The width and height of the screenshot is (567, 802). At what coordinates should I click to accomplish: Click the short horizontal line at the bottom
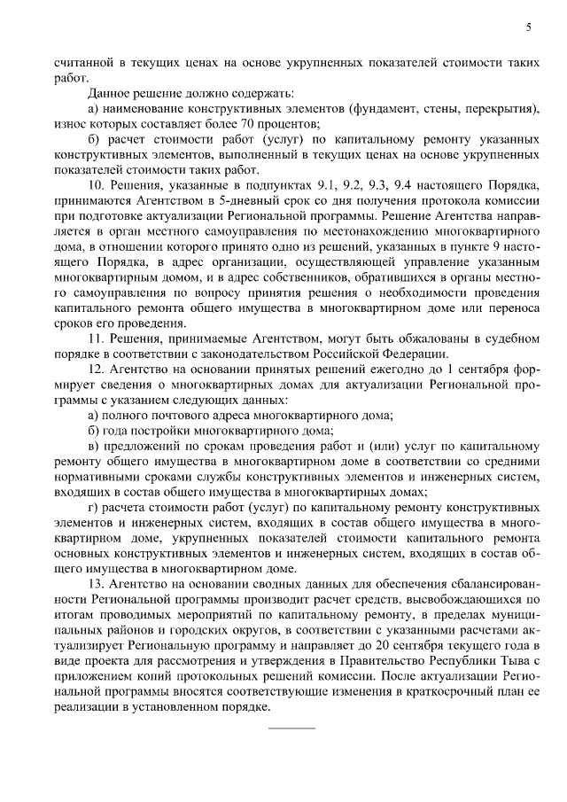point(291,728)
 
